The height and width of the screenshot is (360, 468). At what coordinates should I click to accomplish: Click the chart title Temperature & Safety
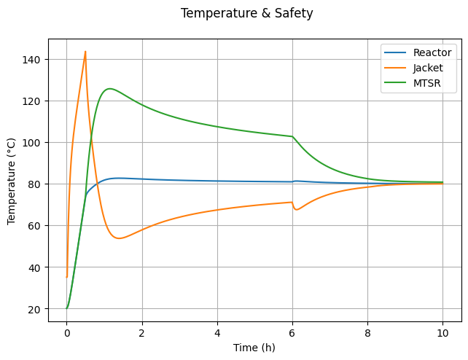coord(246,13)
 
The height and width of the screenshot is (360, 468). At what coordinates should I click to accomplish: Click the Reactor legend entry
coord(433,52)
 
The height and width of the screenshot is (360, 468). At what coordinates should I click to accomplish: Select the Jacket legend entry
coord(429,68)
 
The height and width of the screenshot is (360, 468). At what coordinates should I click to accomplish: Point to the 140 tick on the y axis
coord(35,59)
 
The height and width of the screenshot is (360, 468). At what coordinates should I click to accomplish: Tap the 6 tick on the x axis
coord(292,332)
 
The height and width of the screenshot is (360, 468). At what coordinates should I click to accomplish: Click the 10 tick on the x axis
coord(442,332)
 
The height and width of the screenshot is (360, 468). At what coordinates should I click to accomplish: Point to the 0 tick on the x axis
coord(67,332)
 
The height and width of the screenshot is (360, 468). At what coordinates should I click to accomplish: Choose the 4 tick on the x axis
coord(217,332)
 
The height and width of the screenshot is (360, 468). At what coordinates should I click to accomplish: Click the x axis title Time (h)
coord(254,348)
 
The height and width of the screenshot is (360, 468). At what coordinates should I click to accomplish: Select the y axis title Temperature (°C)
coord(12,180)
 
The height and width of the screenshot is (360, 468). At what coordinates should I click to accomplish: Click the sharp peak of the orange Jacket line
coord(85,52)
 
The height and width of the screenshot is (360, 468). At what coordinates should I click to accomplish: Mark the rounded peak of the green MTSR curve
coord(109,89)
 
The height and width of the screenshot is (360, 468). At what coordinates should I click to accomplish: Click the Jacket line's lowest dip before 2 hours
coord(119,238)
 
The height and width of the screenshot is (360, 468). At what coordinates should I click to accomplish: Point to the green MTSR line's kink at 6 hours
coord(292,136)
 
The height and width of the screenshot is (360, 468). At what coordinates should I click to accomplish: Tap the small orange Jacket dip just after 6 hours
coord(296,210)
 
